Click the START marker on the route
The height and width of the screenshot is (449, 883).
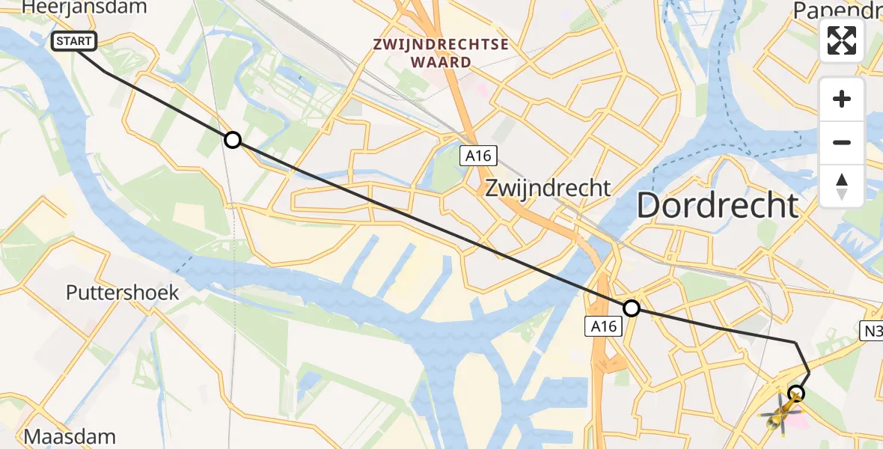tap(74, 41)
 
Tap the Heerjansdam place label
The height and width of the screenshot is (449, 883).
tap(84, 8)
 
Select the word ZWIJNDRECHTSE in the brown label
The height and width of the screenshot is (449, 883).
tap(441, 44)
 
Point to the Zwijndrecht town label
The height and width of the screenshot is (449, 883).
tap(548, 187)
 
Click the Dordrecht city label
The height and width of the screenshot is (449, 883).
tap(717, 205)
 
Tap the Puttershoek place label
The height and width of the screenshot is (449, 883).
tap(123, 293)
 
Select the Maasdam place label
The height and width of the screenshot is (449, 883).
tap(70, 436)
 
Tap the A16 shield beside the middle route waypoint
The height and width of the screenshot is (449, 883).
tap(602, 326)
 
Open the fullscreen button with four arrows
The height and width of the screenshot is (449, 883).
tap(842, 40)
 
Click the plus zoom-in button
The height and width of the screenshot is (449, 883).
tap(842, 99)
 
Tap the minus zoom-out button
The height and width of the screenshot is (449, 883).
tap(842, 142)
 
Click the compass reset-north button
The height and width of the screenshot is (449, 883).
tap(842, 186)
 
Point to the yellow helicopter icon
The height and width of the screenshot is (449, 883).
tap(778, 412)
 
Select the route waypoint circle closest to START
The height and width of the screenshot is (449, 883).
tap(233, 140)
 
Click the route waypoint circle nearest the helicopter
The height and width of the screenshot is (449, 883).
tap(796, 393)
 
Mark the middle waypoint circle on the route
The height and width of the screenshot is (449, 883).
tap(632, 308)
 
